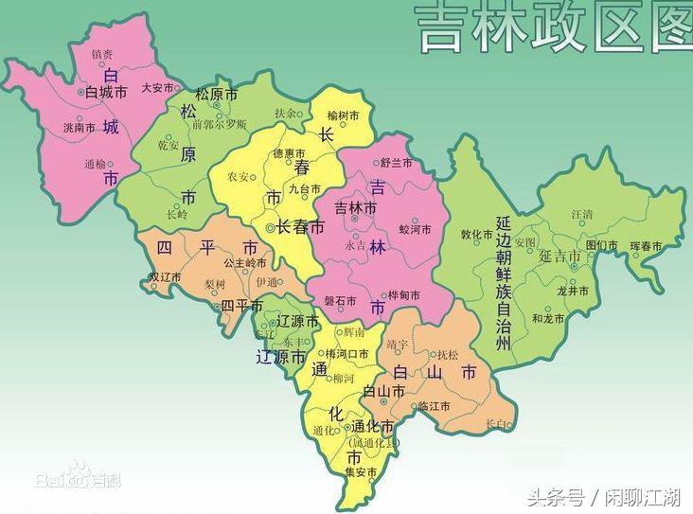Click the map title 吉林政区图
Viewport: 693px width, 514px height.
[x=555, y=28]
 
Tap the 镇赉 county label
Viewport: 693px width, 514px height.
[x=102, y=55]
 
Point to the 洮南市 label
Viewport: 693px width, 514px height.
[x=79, y=127]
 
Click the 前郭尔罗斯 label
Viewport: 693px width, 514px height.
[x=219, y=124]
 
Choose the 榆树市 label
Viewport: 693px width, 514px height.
[x=343, y=115]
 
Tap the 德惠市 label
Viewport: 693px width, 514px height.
[x=289, y=153]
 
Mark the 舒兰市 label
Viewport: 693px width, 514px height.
[x=397, y=163]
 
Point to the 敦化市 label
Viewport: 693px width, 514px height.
[x=476, y=234]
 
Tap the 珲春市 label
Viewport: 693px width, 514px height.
[x=648, y=246]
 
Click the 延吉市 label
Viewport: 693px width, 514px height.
[x=561, y=256]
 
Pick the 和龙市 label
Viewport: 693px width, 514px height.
[x=548, y=319]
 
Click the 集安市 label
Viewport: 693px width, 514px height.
[x=360, y=471]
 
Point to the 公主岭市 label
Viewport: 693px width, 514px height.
[x=244, y=263]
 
